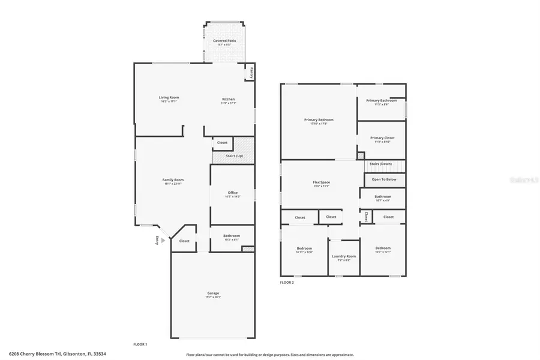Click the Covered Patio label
click(224, 41)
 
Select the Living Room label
click(169, 97)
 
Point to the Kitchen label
click(228, 99)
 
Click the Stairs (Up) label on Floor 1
click(234, 156)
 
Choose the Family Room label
click(173, 179)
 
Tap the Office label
click(233, 193)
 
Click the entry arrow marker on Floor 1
click(163, 240)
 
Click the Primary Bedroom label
click(318, 120)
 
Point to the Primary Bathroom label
click(382, 100)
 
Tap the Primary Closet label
click(382, 138)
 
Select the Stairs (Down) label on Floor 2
click(381, 163)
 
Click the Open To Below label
click(384, 179)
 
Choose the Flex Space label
click(322, 182)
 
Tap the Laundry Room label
click(344, 256)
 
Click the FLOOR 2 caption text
click(287, 282)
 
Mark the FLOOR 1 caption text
click(140, 344)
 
